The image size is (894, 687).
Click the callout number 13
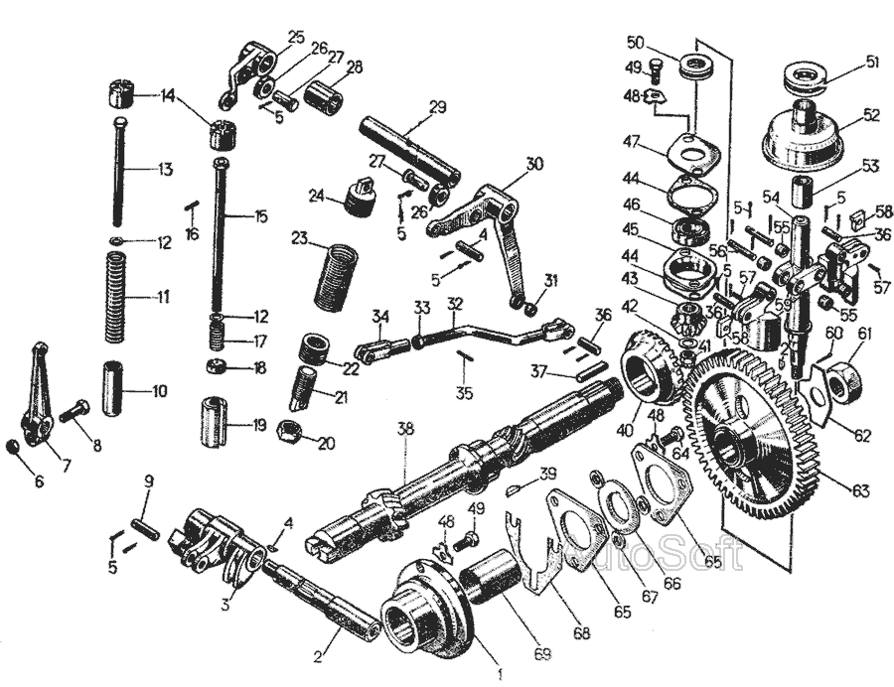(x=164, y=170)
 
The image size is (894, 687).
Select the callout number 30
(x=535, y=164)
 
